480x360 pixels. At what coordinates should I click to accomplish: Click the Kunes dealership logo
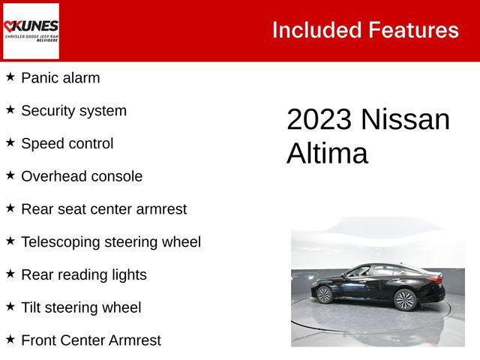[x=31, y=31]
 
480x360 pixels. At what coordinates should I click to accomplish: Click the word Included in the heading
[x=316, y=30]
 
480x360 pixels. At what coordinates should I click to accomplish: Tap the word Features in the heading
[x=413, y=30]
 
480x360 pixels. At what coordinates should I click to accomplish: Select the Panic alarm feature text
[x=60, y=78]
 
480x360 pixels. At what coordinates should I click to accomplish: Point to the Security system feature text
[x=73, y=111]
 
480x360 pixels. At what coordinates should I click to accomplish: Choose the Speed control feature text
[x=67, y=144]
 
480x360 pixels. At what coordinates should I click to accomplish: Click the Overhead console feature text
[x=81, y=177]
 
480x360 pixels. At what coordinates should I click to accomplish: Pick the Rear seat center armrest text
[x=103, y=209]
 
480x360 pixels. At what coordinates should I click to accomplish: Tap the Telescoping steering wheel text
[x=110, y=242]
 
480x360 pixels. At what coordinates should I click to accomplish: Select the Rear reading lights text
[x=83, y=275]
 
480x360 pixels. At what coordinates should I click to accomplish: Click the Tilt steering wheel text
[x=80, y=307]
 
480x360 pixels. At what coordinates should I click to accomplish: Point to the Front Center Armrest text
[x=91, y=340]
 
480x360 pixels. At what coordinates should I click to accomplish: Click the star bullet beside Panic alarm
[x=10, y=76]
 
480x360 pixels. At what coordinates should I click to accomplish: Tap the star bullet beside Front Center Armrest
[x=10, y=339]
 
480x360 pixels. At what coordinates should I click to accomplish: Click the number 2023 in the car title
[x=319, y=121]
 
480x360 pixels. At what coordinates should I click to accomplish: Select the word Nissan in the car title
[x=406, y=121]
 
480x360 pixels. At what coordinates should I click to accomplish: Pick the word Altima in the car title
[x=327, y=154]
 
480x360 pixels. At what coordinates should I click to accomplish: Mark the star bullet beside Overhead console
[x=10, y=175]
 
